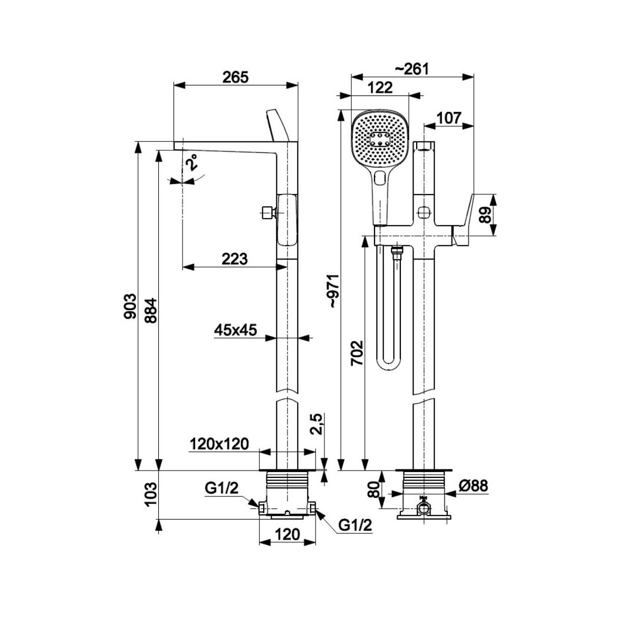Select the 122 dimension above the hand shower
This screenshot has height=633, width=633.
point(380,88)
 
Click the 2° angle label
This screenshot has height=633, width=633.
point(191,162)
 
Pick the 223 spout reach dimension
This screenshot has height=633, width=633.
point(234,258)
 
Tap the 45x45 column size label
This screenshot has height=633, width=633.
point(235,330)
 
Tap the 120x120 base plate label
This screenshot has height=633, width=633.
point(219,444)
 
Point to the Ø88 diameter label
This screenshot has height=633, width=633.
point(472,486)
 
